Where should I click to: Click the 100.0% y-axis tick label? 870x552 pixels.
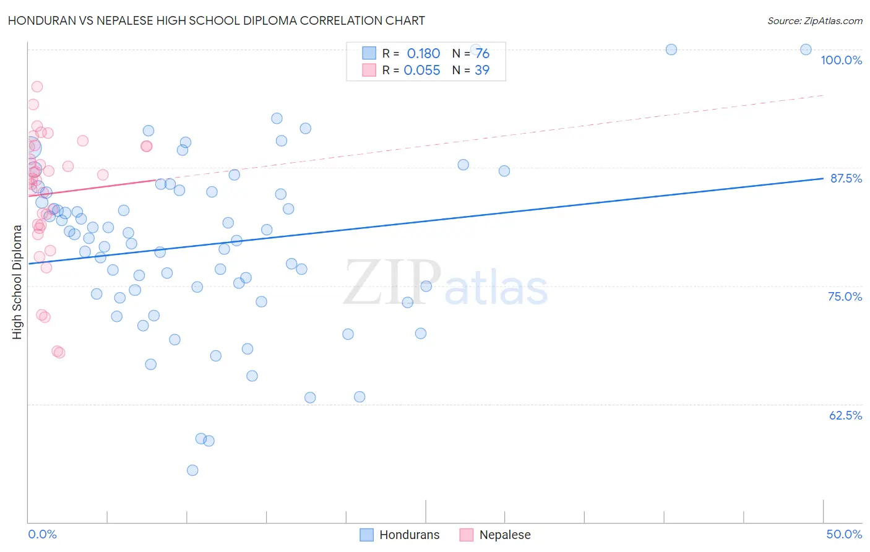point(841,60)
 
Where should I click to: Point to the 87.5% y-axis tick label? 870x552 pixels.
point(846,178)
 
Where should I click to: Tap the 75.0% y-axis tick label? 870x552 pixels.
point(845,296)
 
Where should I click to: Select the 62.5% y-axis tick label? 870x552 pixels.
point(845,415)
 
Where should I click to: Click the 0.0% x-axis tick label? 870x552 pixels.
point(42,534)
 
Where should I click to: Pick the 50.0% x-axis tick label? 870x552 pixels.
point(844,534)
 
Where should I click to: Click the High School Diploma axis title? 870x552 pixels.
point(17,282)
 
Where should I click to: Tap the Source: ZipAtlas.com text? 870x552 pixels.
point(814,20)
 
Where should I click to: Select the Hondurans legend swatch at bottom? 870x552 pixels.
point(366,535)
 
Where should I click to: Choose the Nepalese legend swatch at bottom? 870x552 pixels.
point(467,535)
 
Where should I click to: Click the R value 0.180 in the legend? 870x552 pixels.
point(423,54)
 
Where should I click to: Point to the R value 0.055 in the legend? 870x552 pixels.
point(422,71)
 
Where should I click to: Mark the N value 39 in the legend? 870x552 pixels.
point(482,71)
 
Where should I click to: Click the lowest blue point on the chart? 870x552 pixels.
point(192,470)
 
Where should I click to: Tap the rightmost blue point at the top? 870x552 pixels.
point(806,50)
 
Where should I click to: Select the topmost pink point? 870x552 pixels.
point(37,87)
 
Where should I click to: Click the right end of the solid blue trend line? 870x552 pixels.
point(823,178)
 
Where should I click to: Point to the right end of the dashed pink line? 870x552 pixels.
point(823,95)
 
